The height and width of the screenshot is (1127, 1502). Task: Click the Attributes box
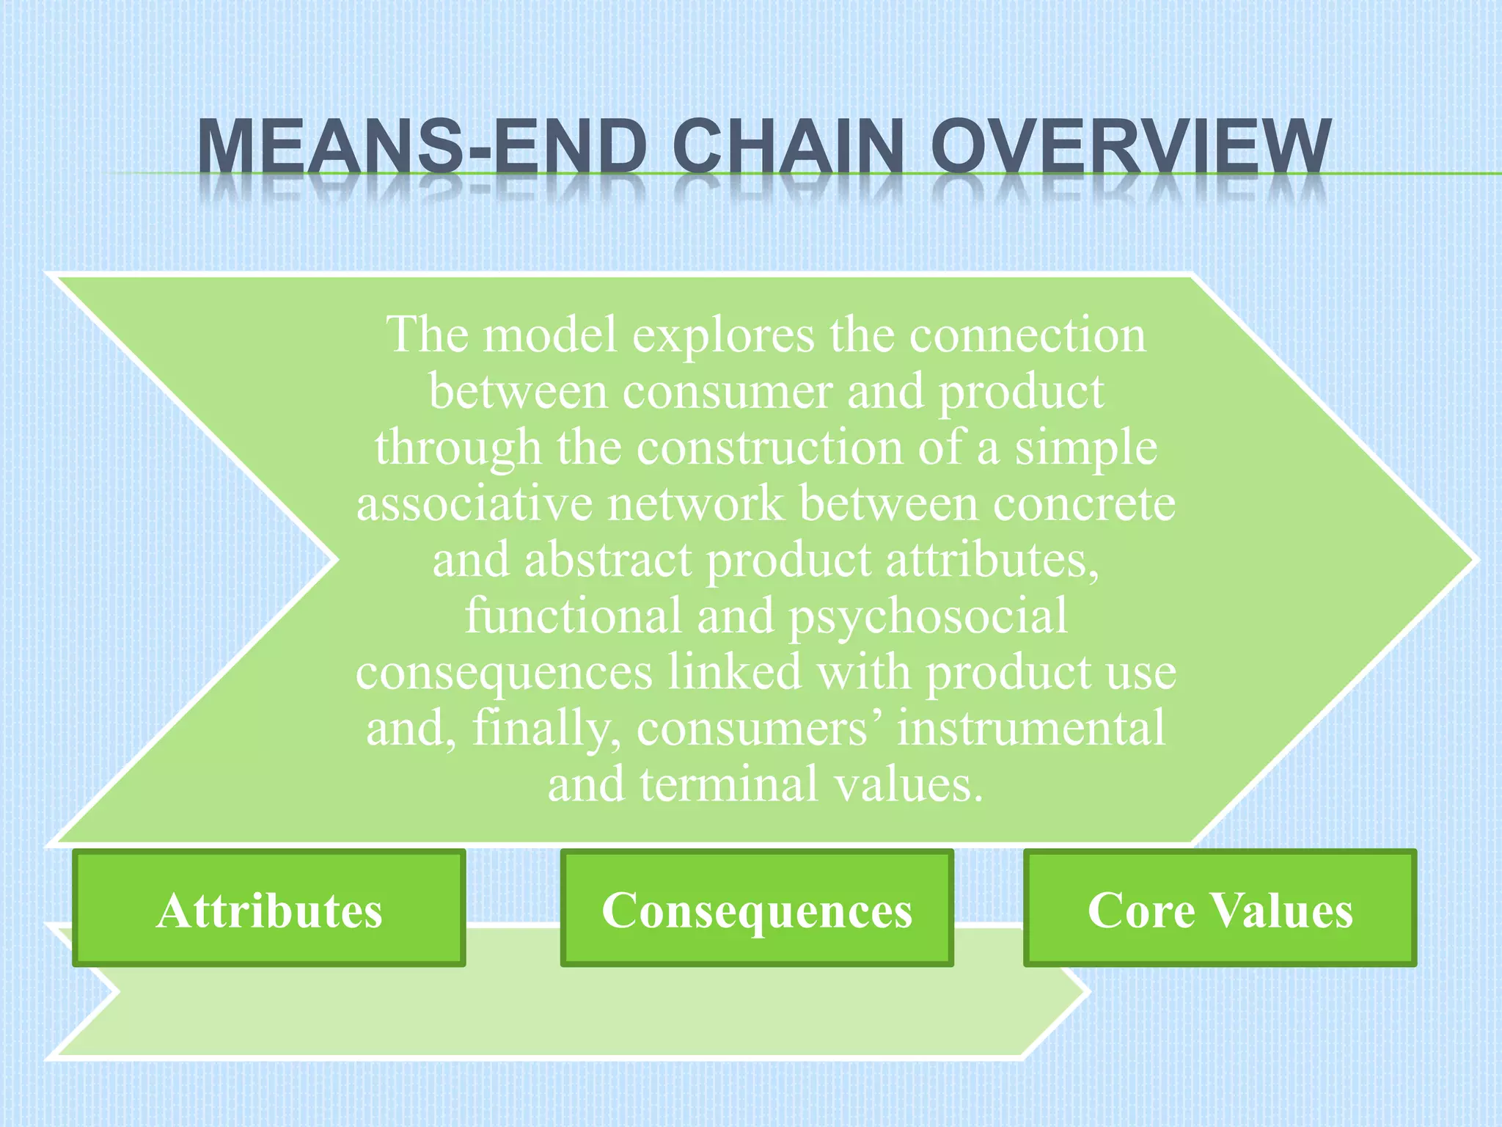pyautogui.click(x=268, y=908)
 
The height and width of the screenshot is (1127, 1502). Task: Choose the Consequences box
pyautogui.click(x=756, y=908)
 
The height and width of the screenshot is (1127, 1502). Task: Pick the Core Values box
pyautogui.click(x=1219, y=908)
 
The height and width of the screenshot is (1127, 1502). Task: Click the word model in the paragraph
pyautogui.click(x=550, y=335)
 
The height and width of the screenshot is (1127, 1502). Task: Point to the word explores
pyautogui.click(x=723, y=335)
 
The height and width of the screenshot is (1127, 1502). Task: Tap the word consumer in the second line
pyautogui.click(x=727, y=391)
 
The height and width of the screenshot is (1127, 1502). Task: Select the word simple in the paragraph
pyautogui.click(x=1085, y=448)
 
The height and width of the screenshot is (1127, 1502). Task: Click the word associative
pyautogui.click(x=474, y=504)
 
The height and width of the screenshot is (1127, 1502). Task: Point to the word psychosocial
pyautogui.click(x=928, y=616)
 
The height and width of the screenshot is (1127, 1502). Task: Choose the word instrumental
pyautogui.click(x=1031, y=729)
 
